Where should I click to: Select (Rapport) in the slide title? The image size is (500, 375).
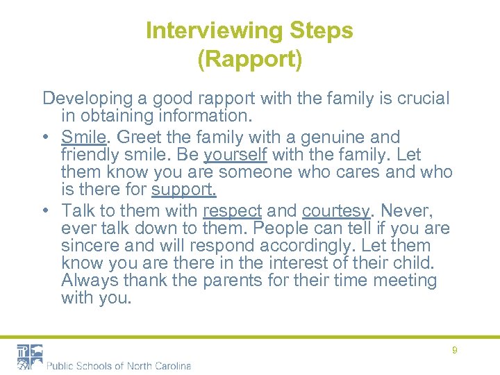click(x=250, y=60)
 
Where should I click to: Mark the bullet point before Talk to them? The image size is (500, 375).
click(x=47, y=210)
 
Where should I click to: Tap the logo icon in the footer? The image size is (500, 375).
click(x=30, y=356)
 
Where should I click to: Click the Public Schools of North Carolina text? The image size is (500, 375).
click(x=119, y=365)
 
